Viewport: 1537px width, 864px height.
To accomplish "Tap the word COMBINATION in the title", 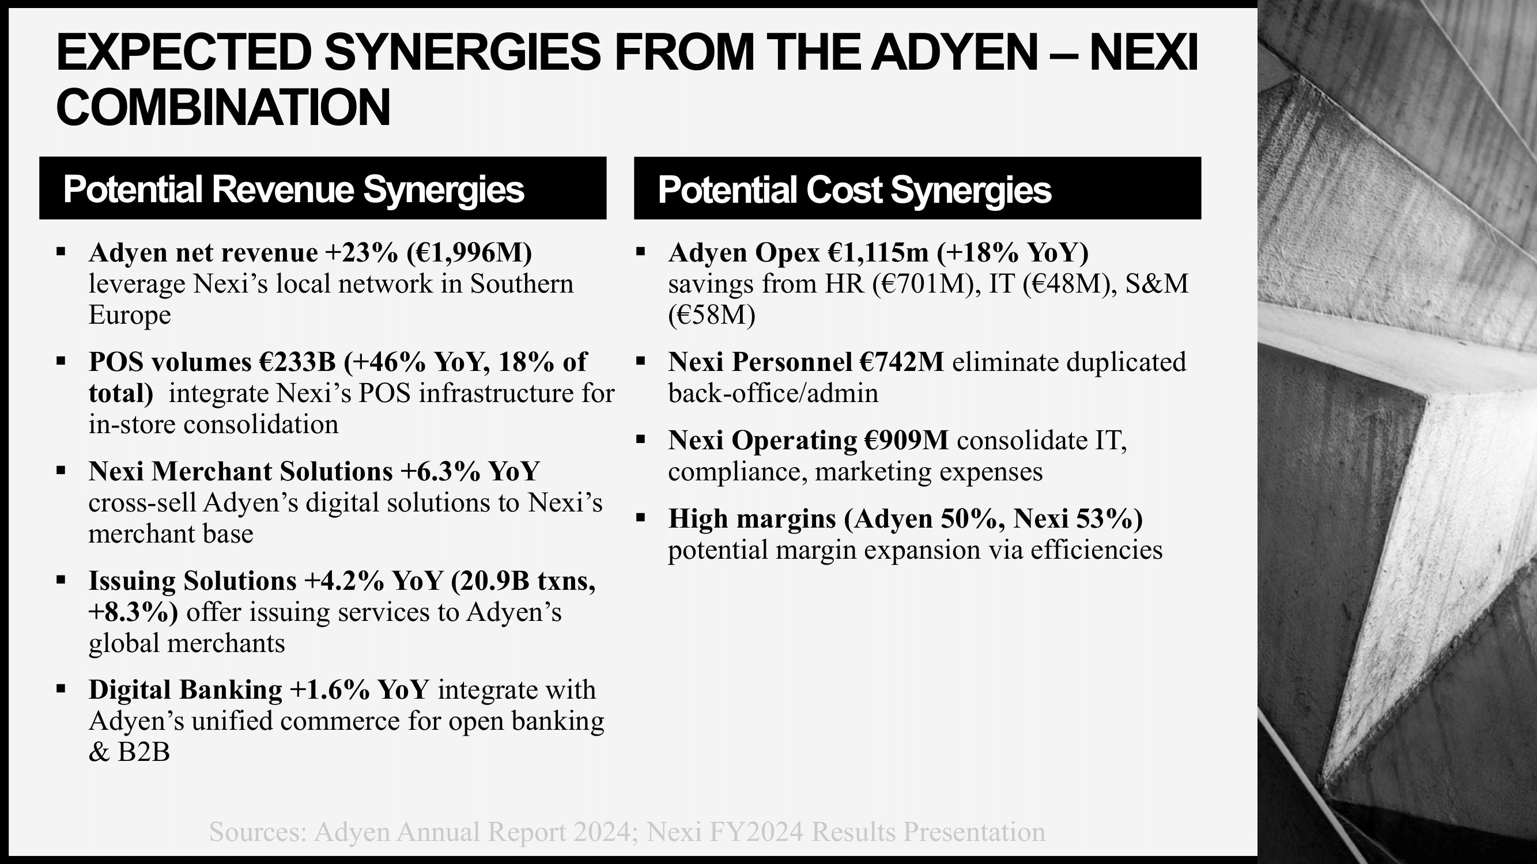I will click(x=223, y=107).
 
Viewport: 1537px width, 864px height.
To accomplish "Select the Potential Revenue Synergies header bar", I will click(x=323, y=188).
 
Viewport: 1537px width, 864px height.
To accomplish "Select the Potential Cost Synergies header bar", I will click(x=917, y=188).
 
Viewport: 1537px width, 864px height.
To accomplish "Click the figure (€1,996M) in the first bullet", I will click(x=469, y=253).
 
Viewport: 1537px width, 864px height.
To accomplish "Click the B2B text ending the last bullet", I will click(x=143, y=752).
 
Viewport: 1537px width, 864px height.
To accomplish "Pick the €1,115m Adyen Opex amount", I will click(x=878, y=253).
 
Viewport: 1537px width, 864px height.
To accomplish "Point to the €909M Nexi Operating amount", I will click(x=906, y=441).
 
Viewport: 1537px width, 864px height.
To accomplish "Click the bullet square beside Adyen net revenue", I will click(x=61, y=252).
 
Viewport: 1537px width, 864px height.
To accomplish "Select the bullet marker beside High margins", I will click(x=641, y=518).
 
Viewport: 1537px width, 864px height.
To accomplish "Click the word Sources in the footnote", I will click(x=256, y=832).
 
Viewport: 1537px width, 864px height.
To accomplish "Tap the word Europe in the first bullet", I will click(x=130, y=315).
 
